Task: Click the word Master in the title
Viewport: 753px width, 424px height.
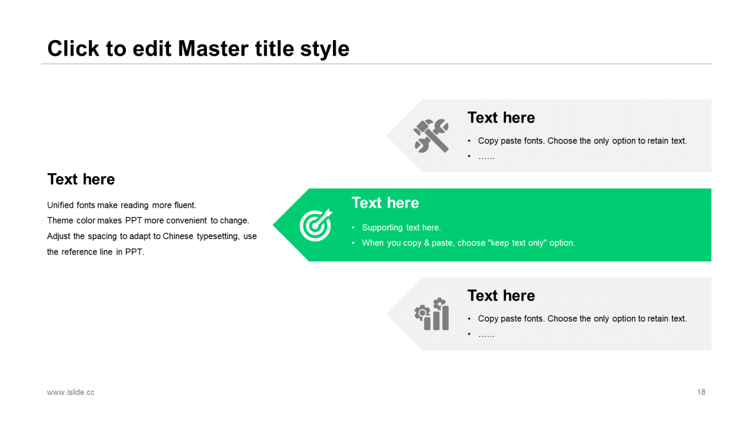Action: pyautogui.click(x=214, y=48)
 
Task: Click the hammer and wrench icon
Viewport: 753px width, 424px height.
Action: pyautogui.click(x=431, y=135)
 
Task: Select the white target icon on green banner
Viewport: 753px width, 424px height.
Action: pyautogui.click(x=316, y=225)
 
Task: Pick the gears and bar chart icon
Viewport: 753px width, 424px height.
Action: pyautogui.click(x=432, y=314)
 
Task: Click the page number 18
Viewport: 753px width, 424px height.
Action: pyautogui.click(x=701, y=392)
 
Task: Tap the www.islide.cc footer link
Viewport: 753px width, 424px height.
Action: pyautogui.click(x=71, y=392)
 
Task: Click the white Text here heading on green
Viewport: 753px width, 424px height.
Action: pyautogui.click(x=385, y=203)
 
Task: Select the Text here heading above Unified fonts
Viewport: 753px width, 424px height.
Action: pyautogui.click(x=81, y=179)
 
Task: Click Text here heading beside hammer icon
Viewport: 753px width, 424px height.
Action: pyautogui.click(x=501, y=118)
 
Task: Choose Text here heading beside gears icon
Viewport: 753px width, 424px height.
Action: pyautogui.click(x=501, y=296)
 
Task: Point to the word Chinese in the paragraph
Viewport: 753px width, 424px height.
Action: pyautogui.click(x=178, y=236)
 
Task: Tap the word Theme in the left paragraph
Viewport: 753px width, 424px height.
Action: pyautogui.click(x=60, y=221)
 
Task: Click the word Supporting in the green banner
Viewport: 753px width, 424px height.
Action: pyautogui.click(x=382, y=228)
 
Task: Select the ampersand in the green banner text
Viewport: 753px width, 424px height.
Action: pyautogui.click(x=427, y=243)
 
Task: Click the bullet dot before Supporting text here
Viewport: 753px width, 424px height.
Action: pyautogui.click(x=353, y=228)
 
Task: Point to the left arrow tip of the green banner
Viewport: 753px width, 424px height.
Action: pyautogui.click(x=273, y=225)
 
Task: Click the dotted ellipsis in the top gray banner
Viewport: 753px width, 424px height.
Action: pyautogui.click(x=487, y=157)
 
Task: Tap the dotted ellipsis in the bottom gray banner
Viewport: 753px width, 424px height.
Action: pyautogui.click(x=487, y=336)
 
